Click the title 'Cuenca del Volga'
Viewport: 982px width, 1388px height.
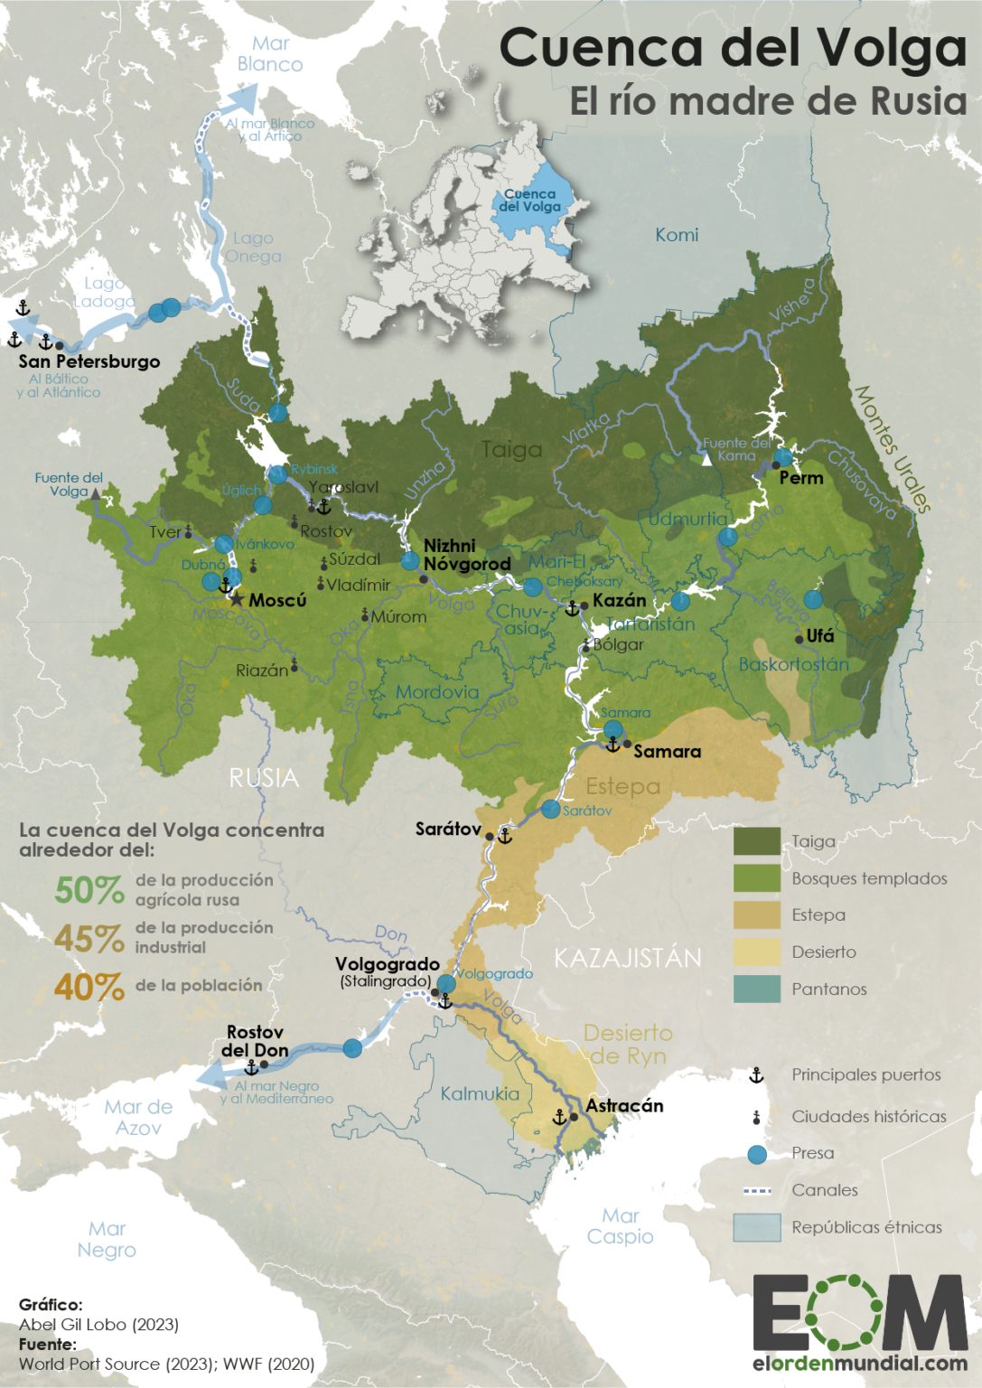(x=732, y=49)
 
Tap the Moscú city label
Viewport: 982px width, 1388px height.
(x=277, y=600)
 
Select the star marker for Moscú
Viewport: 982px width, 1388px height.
(x=237, y=600)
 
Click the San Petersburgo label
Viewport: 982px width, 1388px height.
(x=89, y=361)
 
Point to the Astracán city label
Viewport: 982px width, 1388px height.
(x=624, y=1105)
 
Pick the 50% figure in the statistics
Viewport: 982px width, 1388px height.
(x=89, y=890)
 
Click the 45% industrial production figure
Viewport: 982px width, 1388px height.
(x=89, y=938)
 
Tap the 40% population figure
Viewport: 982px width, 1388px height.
(x=89, y=986)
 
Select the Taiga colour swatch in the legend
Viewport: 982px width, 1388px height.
(x=756, y=841)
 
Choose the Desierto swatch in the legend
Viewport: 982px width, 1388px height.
(x=756, y=952)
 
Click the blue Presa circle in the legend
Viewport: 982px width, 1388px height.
(x=757, y=1154)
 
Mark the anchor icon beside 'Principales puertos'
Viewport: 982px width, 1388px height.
(x=756, y=1075)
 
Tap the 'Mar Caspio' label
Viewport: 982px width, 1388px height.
(x=620, y=1226)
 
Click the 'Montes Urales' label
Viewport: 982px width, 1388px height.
(x=892, y=449)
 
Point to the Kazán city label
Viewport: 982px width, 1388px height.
(x=619, y=600)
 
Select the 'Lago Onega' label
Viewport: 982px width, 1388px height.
(x=253, y=247)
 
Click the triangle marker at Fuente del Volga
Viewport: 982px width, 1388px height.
(x=96, y=493)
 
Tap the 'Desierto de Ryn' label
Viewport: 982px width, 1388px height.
(x=628, y=1044)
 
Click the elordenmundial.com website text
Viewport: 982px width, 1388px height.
(x=859, y=1363)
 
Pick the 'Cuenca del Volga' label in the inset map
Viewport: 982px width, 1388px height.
(x=530, y=200)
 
